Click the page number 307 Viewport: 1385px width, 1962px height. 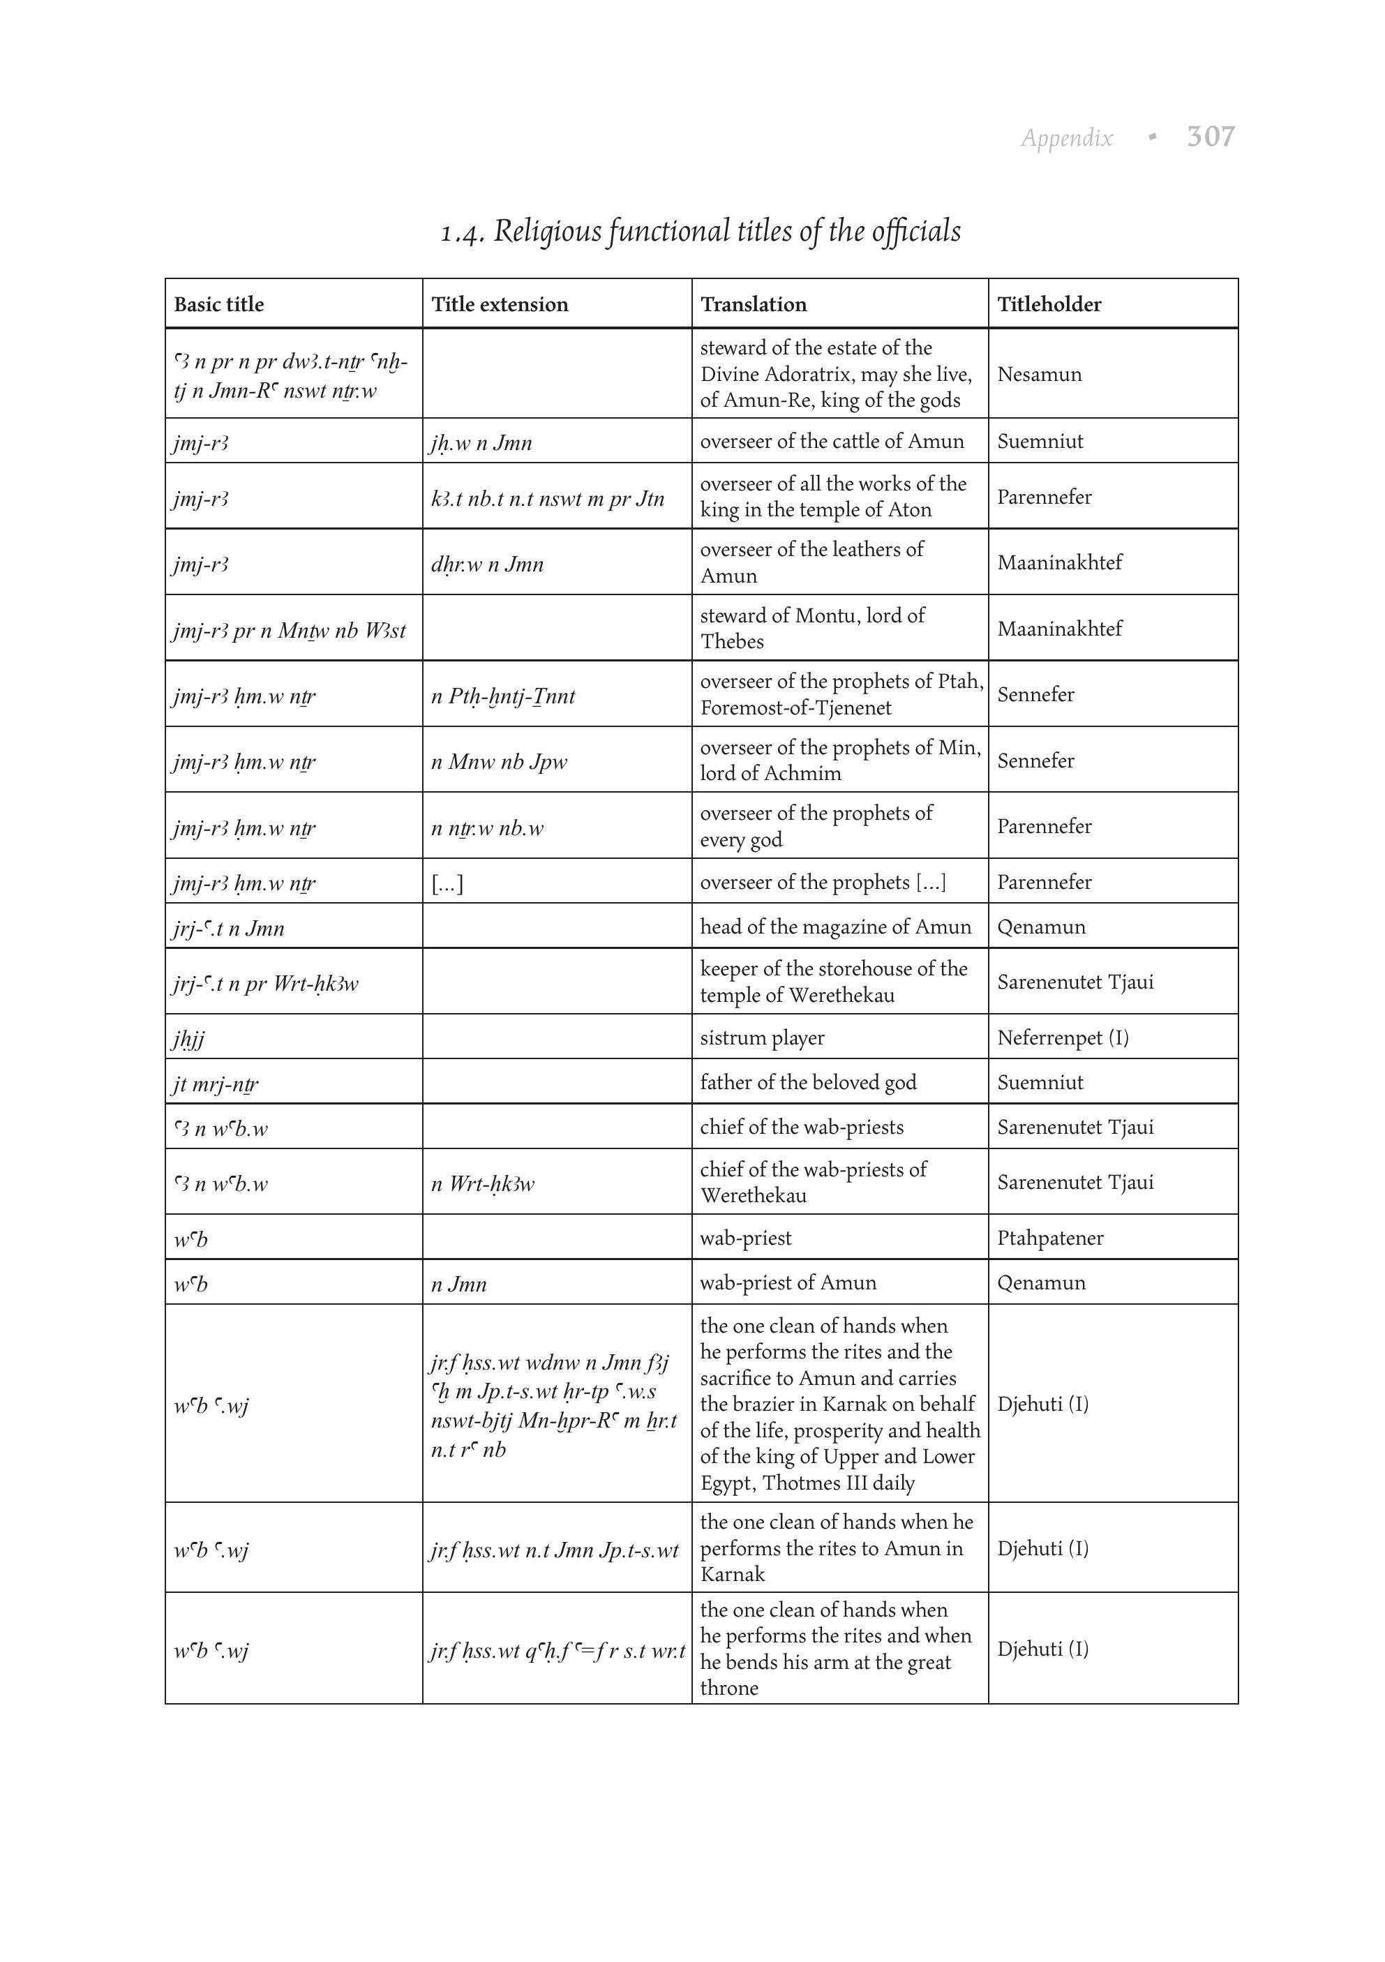(x=1210, y=137)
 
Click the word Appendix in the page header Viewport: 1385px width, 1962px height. (x=1066, y=138)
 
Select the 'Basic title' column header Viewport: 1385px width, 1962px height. (x=218, y=304)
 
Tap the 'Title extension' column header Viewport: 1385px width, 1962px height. (x=499, y=304)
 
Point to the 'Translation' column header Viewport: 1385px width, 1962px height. (x=753, y=304)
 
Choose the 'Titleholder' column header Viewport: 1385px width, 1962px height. (x=1049, y=304)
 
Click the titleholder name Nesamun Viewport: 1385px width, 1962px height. (x=1039, y=374)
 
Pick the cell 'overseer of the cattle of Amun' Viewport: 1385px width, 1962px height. (x=830, y=441)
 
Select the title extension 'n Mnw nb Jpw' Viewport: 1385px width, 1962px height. (x=498, y=761)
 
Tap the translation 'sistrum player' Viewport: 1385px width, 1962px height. (x=761, y=1038)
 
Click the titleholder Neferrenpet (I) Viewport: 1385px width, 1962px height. (x=1062, y=1038)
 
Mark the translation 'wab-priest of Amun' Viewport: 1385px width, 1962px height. (x=787, y=1282)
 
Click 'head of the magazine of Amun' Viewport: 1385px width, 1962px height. (x=834, y=927)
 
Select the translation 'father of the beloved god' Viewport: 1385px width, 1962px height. (x=807, y=1082)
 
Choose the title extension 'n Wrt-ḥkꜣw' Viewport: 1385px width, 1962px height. (x=483, y=1183)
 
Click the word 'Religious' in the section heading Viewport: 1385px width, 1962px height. (x=547, y=232)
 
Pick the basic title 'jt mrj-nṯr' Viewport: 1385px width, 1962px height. (x=214, y=1084)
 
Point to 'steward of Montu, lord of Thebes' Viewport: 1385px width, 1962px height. (x=811, y=628)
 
